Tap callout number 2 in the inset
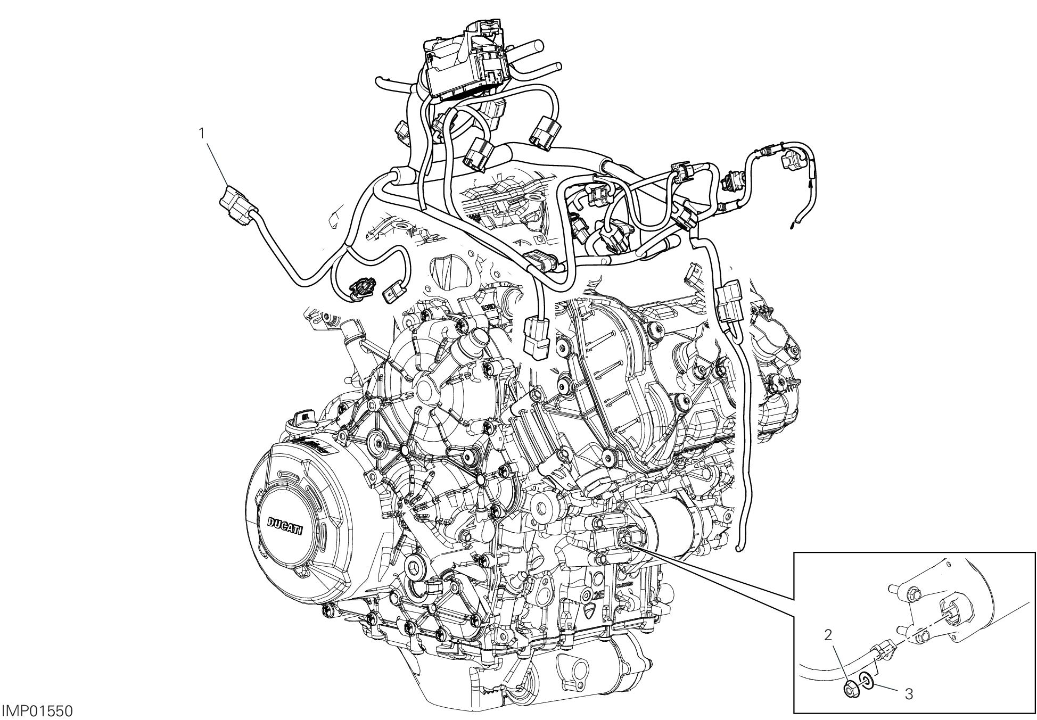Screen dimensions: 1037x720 point(827,634)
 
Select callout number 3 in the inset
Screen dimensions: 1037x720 point(909,694)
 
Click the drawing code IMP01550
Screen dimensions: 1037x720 point(37,711)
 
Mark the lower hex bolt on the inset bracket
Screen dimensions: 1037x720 point(924,635)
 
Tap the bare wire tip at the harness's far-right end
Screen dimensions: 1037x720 point(793,225)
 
